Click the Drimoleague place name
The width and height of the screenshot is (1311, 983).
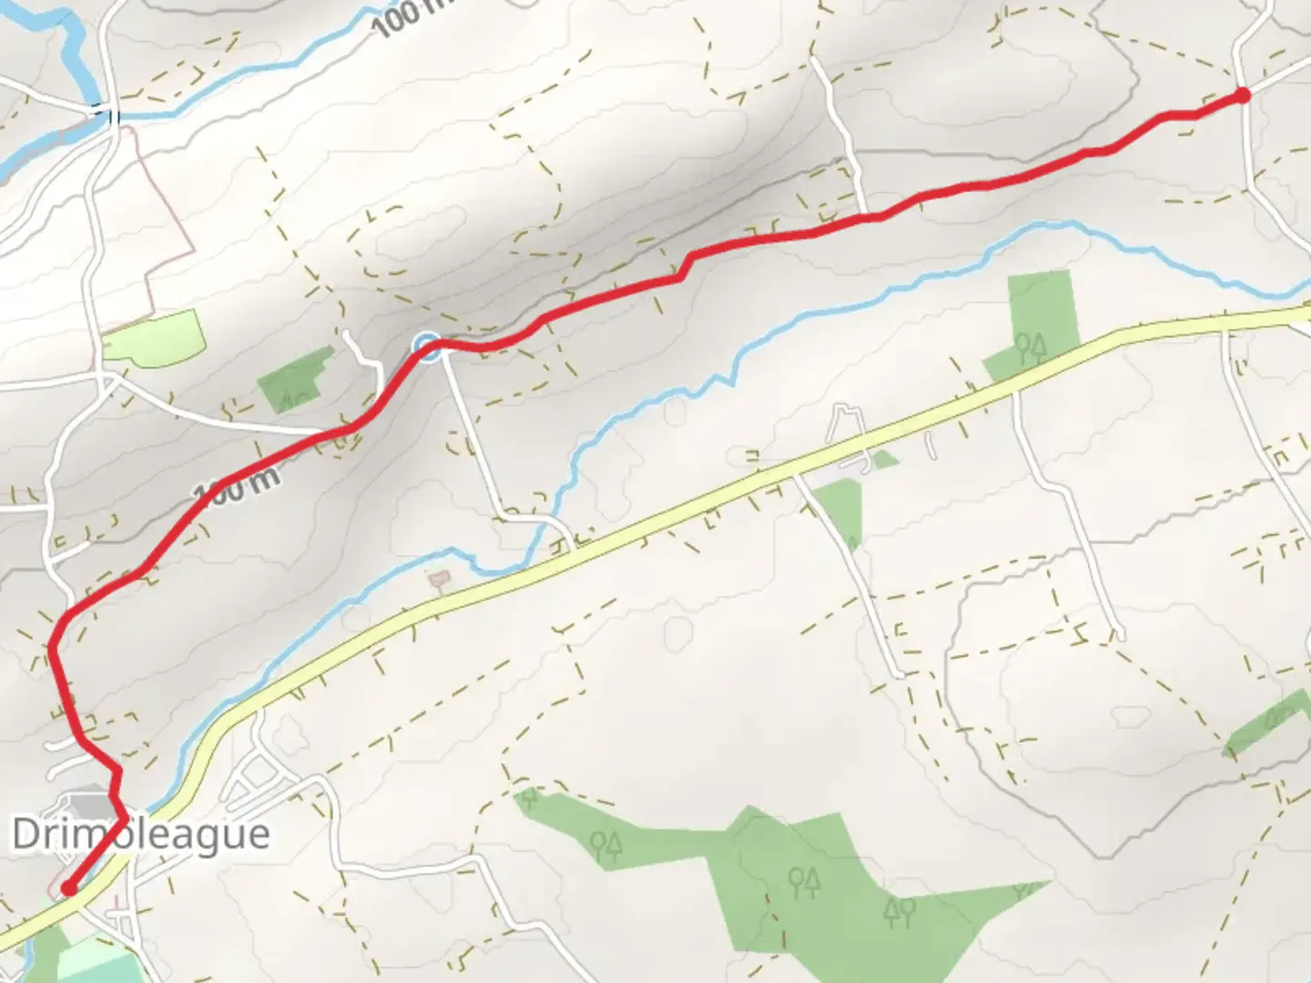pos(140,835)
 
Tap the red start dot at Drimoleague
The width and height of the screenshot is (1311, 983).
pos(67,888)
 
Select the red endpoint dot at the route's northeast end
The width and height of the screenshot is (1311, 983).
pos(1243,94)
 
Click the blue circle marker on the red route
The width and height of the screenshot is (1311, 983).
pos(426,346)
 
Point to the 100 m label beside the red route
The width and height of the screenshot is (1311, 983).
pos(233,488)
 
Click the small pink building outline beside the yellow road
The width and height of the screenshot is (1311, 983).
pos(440,579)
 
